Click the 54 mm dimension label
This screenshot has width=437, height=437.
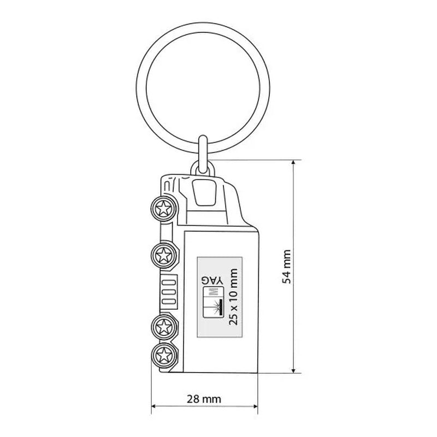coord(287,267)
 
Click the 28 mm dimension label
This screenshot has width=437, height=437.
coord(204,399)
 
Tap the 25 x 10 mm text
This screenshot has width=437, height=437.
coord(233,297)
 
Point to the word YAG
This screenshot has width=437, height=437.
coord(213,280)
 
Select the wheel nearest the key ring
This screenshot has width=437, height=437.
coord(163,208)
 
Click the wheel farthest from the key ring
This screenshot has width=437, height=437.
coord(163,356)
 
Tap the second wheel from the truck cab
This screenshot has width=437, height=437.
coord(163,255)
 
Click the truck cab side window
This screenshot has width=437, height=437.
coord(204,193)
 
